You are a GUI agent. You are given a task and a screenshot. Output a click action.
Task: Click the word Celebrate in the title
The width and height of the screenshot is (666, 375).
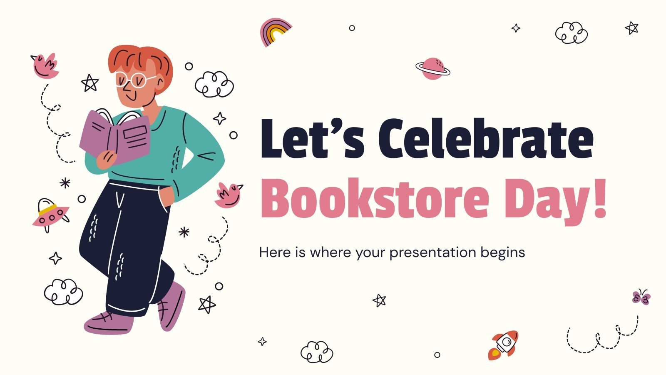(485, 138)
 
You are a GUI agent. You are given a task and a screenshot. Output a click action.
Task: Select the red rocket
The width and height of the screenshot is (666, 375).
(504, 345)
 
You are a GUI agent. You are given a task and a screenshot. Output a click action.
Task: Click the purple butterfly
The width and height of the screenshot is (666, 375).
(641, 297)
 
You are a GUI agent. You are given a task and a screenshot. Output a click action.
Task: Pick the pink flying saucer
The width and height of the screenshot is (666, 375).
(50, 215)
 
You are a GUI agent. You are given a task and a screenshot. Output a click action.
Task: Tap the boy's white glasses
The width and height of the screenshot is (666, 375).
(132, 80)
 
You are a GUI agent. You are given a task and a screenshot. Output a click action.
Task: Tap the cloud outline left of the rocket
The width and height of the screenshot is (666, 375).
(317, 352)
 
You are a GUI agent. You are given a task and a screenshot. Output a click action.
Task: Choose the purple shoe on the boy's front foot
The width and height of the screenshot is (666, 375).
(107, 323)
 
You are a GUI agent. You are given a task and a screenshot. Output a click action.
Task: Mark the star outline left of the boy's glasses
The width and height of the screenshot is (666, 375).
(89, 83)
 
